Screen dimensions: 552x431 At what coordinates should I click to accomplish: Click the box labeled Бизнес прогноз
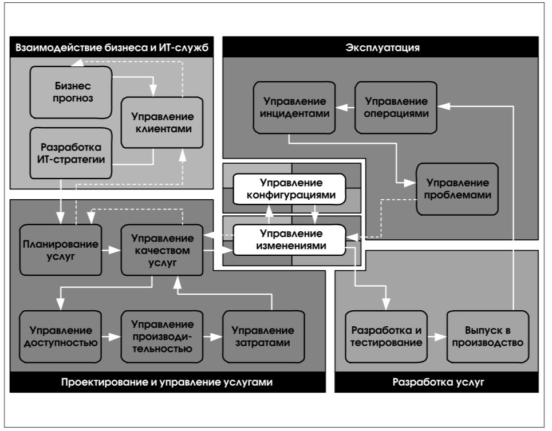click(71, 92)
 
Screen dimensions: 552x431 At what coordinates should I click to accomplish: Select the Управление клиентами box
click(162, 122)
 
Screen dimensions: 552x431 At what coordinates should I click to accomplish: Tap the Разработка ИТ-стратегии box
click(71, 153)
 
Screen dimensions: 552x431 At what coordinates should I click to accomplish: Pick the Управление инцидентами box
click(294, 108)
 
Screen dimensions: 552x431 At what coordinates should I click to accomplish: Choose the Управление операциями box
click(396, 108)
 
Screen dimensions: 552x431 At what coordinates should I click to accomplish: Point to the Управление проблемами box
click(458, 189)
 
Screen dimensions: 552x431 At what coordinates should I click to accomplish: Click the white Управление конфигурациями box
click(289, 189)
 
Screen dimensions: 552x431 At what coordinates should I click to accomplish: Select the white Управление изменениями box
click(289, 240)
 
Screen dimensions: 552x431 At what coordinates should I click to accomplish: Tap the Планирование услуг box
click(61, 250)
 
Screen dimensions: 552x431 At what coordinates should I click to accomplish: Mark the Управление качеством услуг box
click(162, 250)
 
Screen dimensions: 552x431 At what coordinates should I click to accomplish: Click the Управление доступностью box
click(61, 337)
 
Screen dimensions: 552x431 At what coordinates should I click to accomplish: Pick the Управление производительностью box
click(162, 337)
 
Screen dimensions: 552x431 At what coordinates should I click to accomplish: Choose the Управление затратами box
click(263, 337)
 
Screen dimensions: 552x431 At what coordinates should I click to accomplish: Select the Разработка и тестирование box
click(386, 337)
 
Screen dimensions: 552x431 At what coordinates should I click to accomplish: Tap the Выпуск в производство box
click(488, 337)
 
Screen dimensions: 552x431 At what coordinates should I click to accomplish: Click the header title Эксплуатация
click(383, 48)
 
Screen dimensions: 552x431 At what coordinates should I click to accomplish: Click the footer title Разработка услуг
click(438, 382)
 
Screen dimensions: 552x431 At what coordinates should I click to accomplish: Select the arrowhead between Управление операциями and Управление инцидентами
click(341, 108)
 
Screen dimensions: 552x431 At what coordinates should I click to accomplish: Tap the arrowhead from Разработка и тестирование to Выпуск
click(441, 337)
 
